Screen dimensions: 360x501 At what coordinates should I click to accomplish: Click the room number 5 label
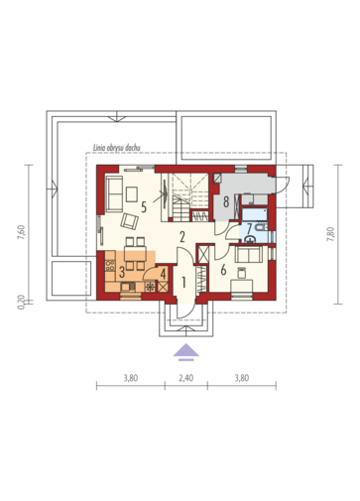tap(144, 207)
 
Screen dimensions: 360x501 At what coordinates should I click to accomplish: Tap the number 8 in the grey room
tap(226, 201)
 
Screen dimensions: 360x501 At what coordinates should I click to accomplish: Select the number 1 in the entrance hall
tap(183, 282)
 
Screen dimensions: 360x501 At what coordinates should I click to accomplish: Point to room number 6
tap(223, 270)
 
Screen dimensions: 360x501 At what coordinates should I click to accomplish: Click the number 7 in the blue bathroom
tap(249, 228)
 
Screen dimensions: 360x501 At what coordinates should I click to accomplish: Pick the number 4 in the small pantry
tap(163, 274)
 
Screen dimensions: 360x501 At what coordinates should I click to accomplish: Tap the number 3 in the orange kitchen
tap(122, 272)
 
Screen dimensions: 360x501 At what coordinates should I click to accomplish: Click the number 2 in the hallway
tap(182, 237)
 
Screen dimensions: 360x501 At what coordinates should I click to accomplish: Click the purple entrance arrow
tap(186, 351)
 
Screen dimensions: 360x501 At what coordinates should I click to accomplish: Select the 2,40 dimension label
tap(186, 378)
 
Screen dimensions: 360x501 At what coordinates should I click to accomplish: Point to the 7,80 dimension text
tap(330, 234)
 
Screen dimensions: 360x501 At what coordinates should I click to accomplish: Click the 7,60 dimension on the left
tap(21, 232)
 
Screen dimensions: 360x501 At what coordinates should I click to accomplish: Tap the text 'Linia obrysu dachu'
tap(116, 148)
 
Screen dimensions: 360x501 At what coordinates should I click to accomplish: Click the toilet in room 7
tap(262, 227)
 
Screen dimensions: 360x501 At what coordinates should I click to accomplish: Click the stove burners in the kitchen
tap(110, 266)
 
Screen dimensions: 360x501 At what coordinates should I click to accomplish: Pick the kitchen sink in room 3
tap(128, 287)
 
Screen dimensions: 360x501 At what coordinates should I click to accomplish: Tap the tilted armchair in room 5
tap(129, 221)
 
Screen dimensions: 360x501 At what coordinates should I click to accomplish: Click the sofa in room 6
tap(249, 254)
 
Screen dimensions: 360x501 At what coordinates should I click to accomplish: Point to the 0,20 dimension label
tap(21, 302)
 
